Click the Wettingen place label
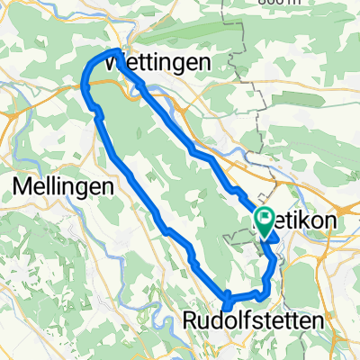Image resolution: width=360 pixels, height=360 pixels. click(x=157, y=63)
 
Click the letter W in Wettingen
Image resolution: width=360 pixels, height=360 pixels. click(x=116, y=63)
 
